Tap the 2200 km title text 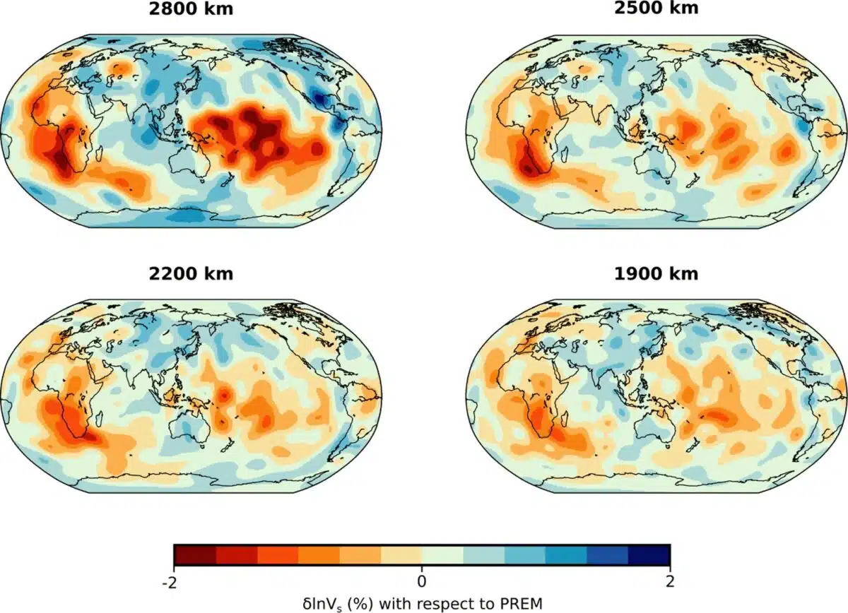pos(192,274)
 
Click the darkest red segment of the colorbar pos(194,556)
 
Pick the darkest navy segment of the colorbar pos(649,556)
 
